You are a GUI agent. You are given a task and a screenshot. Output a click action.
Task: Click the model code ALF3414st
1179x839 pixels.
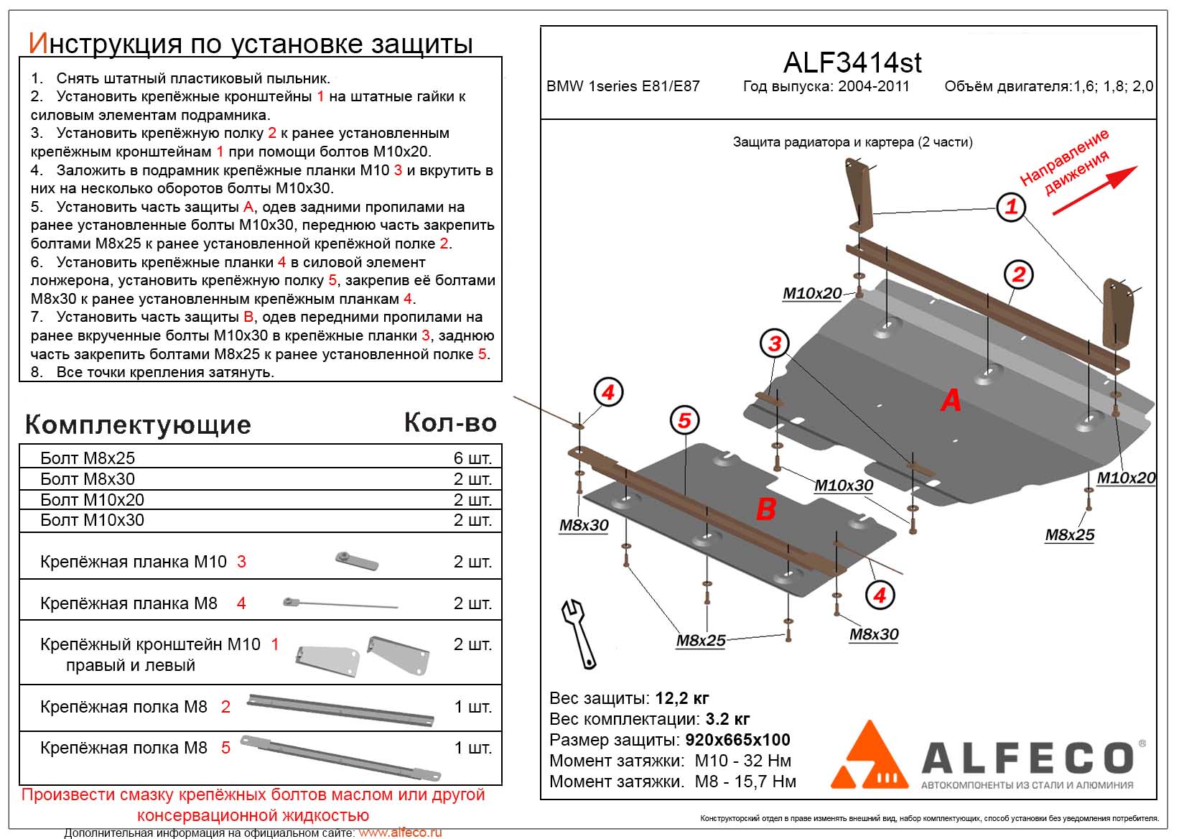852,63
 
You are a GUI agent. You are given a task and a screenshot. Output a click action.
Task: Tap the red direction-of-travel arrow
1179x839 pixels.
1095,190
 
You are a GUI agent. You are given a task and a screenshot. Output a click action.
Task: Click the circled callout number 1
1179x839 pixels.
1011,208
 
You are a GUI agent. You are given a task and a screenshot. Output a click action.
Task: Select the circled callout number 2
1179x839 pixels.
1018,274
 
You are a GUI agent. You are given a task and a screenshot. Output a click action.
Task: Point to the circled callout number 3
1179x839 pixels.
774,343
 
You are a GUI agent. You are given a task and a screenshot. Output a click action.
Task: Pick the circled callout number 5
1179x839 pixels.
684,421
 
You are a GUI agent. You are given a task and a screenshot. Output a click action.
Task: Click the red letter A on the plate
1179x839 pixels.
951,399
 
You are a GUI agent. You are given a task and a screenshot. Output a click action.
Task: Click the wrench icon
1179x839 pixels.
580,633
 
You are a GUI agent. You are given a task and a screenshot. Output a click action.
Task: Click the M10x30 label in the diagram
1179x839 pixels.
843,486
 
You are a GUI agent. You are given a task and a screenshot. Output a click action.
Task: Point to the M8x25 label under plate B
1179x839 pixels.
700,641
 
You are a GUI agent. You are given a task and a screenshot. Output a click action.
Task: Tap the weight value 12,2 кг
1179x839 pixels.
682,698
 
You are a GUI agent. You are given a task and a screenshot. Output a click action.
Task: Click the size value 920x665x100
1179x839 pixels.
737,740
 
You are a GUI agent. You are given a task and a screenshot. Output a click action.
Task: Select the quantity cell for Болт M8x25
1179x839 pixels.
472,458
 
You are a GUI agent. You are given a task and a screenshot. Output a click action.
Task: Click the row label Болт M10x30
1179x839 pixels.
92,520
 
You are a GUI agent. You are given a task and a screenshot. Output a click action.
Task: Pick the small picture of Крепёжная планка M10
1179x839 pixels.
357,560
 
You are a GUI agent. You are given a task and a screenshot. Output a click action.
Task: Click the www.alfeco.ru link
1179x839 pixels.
400,833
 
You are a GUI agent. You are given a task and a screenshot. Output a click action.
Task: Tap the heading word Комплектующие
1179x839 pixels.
138,425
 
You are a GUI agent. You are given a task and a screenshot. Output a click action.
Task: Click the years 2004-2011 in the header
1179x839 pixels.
871,86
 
